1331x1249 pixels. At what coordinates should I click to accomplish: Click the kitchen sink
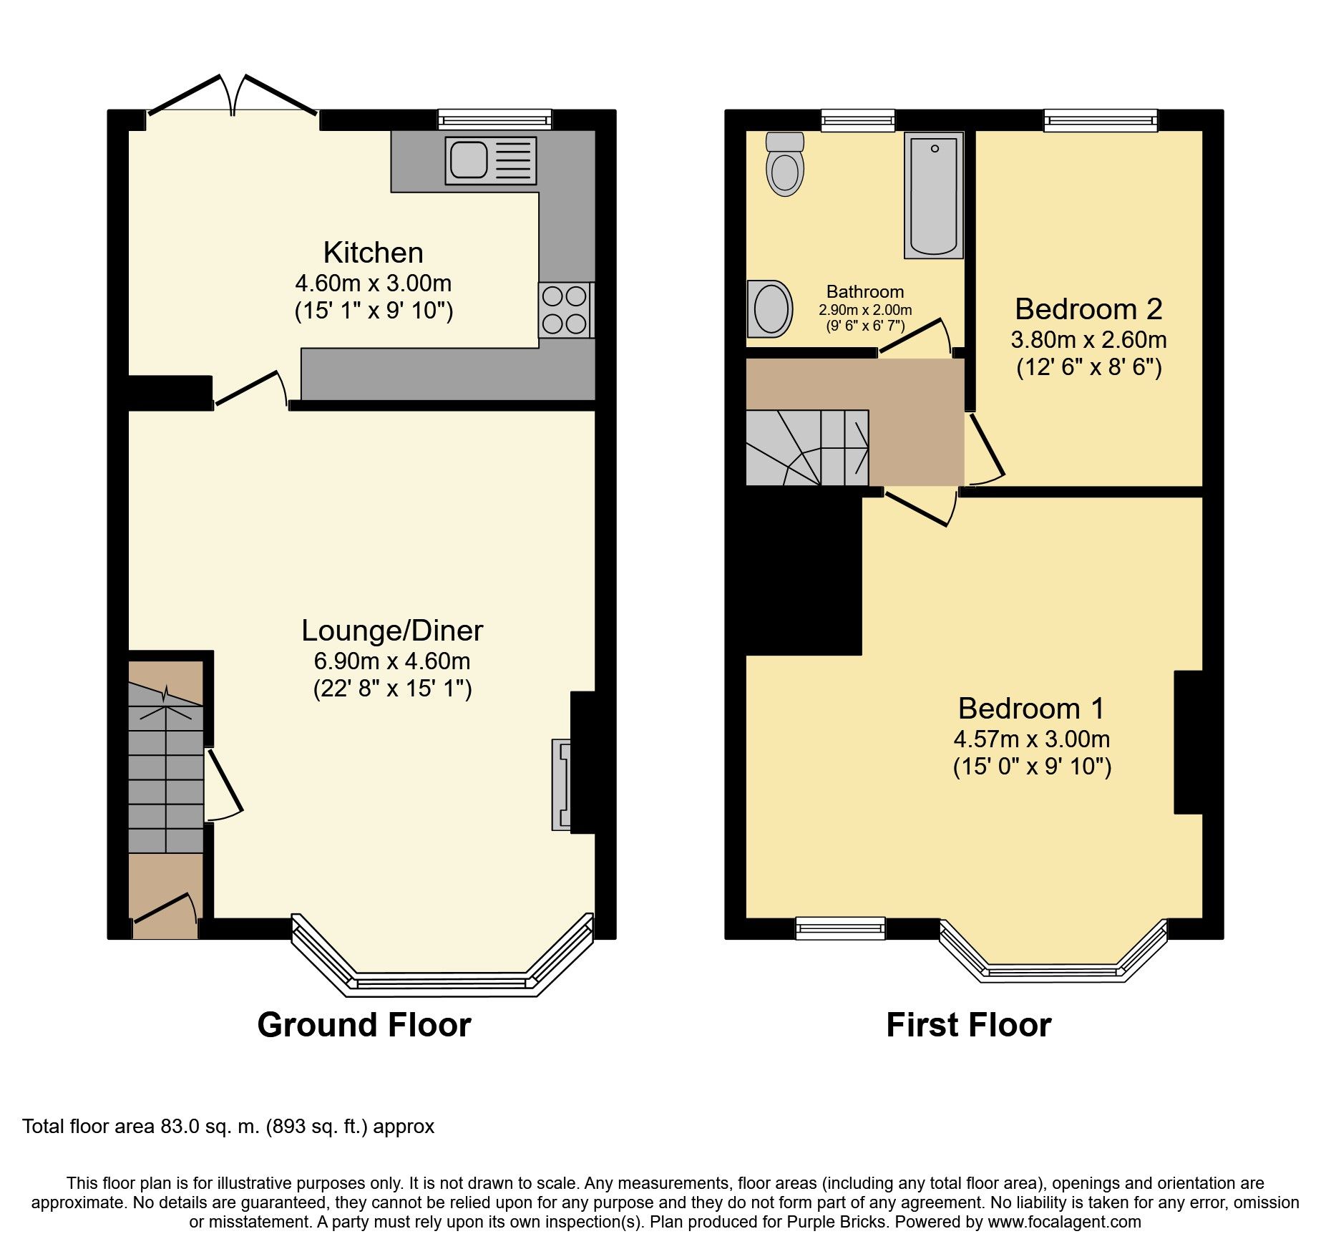tap(491, 160)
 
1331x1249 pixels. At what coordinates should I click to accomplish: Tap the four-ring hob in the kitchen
tap(565, 310)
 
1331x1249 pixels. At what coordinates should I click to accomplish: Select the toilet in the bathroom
tap(785, 164)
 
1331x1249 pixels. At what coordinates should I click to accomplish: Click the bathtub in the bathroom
tap(934, 195)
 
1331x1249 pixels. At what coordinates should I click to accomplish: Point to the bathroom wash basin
tap(770, 308)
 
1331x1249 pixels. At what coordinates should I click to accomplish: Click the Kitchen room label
tap(373, 253)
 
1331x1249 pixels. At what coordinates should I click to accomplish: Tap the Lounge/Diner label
tap(392, 631)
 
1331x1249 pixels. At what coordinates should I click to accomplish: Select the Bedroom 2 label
tap(1088, 309)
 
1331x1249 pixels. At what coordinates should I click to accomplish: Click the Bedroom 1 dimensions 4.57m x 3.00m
tap(1031, 739)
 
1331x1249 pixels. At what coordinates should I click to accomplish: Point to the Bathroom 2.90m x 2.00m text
tap(865, 310)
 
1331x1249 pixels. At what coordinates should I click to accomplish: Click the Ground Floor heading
tap(364, 1025)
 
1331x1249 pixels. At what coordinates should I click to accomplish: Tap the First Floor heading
tap(968, 1025)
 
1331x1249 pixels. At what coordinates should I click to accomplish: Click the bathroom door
tap(912, 336)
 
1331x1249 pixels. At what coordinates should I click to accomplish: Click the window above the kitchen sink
tap(495, 119)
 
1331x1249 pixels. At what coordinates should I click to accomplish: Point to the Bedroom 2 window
tap(1101, 120)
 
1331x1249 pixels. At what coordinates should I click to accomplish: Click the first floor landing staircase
tap(807, 447)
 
